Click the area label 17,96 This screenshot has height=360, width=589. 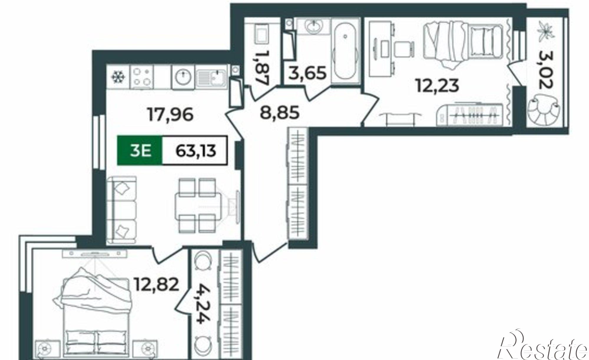click(171, 115)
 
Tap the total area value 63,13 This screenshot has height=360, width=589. click(196, 151)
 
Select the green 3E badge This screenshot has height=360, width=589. click(140, 150)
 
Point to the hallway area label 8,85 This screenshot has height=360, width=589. click(280, 112)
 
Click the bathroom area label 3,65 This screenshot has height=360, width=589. click(308, 73)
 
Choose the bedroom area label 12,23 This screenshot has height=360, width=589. click(438, 86)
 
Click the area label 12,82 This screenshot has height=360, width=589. click(156, 284)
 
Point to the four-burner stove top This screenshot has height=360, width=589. click(142, 77)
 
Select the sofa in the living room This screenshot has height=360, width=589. click(122, 210)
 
